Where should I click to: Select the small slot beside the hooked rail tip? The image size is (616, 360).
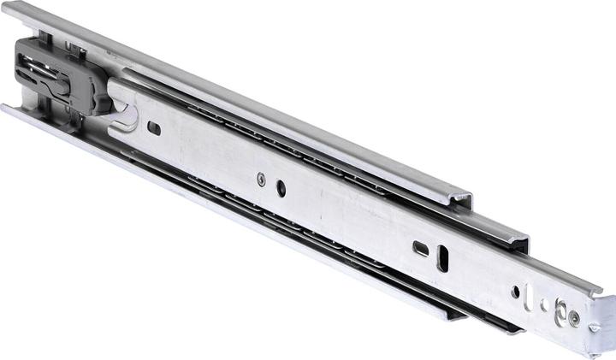pyautogui.click(x=154, y=128)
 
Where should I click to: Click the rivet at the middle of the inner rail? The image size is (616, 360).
pyautogui.click(x=260, y=179)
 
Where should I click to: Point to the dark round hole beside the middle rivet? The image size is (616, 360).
pyautogui.click(x=281, y=189)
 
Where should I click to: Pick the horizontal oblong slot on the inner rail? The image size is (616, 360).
pyautogui.click(x=421, y=248)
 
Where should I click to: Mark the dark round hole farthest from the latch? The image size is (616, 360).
pyautogui.click(x=515, y=292)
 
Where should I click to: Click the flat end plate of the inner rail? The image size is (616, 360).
pyautogui.click(x=603, y=322)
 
